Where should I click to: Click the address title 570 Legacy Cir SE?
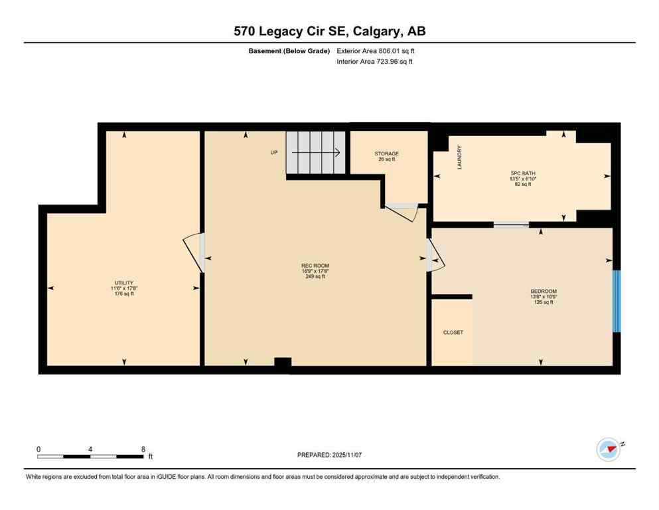(x=329, y=31)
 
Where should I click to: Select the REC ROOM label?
(x=315, y=266)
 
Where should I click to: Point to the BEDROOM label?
(x=543, y=292)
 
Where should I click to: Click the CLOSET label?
(x=453, y=332)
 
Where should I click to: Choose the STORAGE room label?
(x=386, y=154)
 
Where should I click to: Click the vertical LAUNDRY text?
(x=459, y=157)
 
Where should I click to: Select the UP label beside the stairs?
(x=273, y=153)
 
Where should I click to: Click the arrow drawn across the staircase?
(x=315, y=152)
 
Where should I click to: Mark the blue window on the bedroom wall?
(x=616, y=301)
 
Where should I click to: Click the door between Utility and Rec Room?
(x=194, y=253)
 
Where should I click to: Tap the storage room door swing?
(x=402, y=212)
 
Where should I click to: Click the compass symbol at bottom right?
(x=608, y=450)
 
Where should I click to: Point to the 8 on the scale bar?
(x=143, y=449)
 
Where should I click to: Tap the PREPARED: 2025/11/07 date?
(x=329, y=455)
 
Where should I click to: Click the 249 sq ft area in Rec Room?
(x=315, y=276)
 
